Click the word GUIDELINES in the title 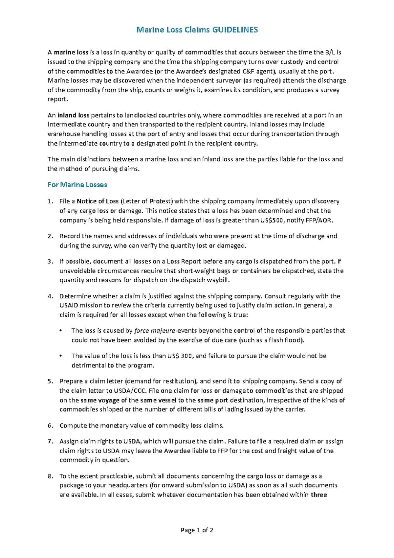click(x=235, y=30)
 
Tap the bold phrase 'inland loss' click(x=72, y=115)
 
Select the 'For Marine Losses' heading click(x=77, y=185)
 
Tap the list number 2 click(x=50, y=236)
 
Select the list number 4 click(x=50, y=296)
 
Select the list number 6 click(x=50, y=426)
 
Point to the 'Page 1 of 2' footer click(x=197, y=530)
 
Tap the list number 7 click(x=50, y=441)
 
